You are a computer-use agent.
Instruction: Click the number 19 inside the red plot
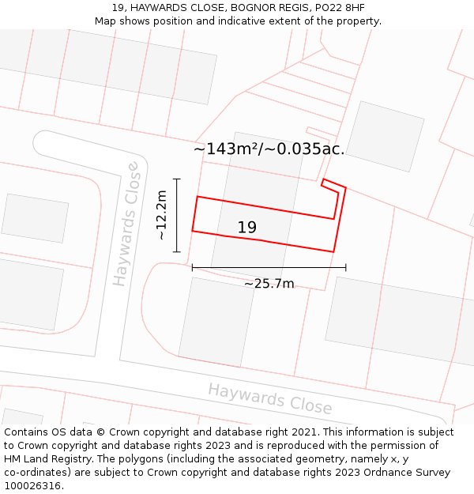246,228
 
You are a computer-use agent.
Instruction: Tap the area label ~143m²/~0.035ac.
269,149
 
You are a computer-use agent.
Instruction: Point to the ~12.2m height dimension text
161,215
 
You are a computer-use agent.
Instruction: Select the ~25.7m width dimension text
269,284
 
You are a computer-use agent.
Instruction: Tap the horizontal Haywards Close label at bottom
269,398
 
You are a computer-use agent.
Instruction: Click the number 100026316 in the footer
34,485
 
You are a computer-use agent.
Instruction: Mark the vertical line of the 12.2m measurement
177,215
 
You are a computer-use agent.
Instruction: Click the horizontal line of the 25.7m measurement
269,268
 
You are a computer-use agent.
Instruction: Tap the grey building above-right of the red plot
386,135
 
